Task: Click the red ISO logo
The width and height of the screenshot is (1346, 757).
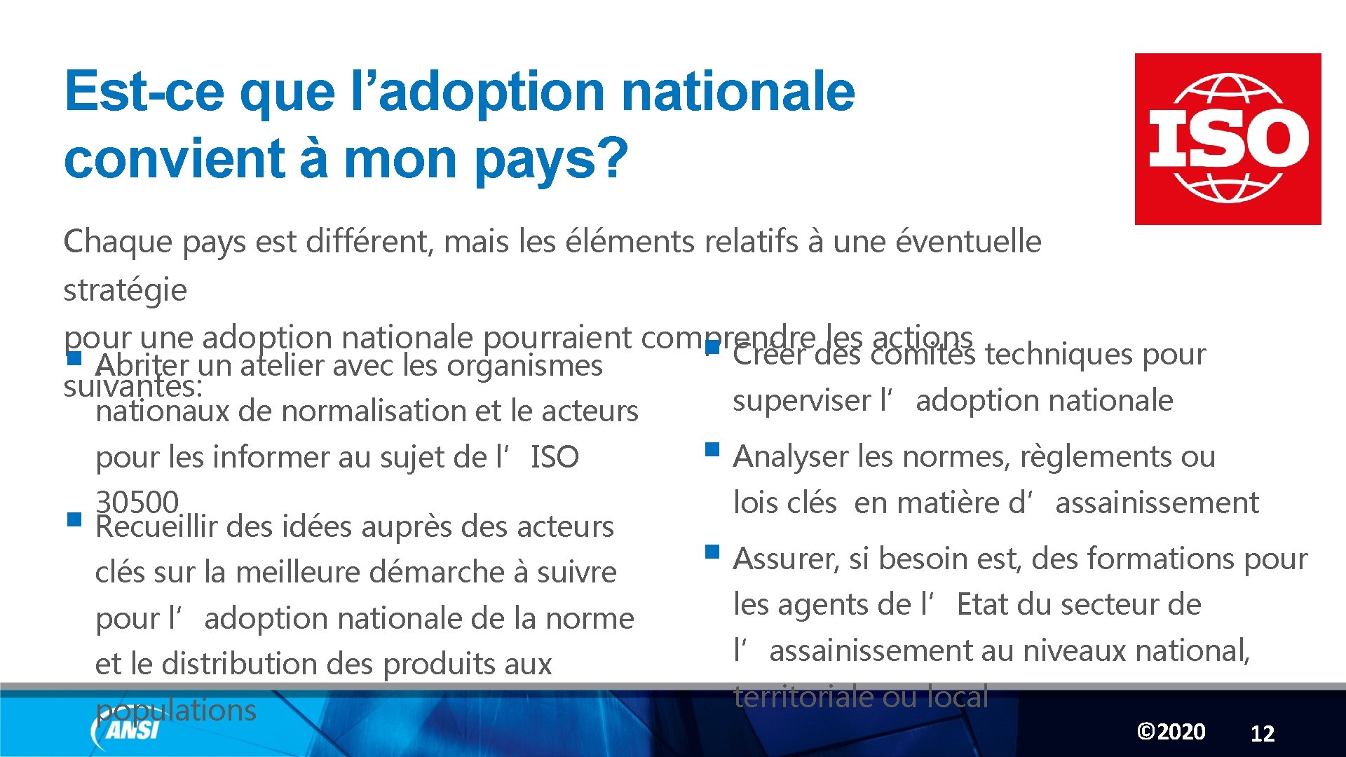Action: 1228,139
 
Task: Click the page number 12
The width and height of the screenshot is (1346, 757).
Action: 1262,733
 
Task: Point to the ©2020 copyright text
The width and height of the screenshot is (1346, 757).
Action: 1171,732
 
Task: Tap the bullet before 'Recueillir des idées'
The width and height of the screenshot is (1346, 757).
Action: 74,520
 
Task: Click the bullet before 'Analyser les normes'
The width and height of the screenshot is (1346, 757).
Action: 712,449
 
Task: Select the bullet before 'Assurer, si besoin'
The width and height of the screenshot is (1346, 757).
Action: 712,552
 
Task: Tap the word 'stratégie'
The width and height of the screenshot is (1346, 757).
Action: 125,290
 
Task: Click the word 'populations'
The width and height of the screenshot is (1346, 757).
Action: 176,710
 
